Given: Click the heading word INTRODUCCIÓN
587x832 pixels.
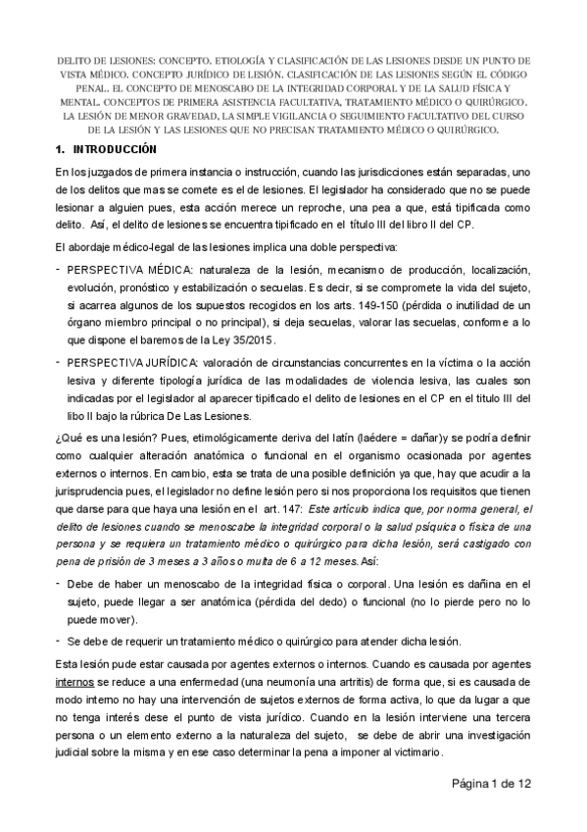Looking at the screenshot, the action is coord(114,149).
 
